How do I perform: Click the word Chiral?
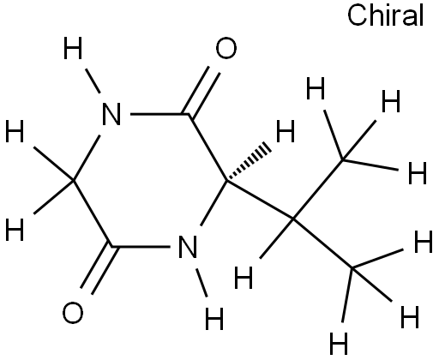click(x=385, y=15)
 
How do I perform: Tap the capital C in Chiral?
click(x=357, y=16)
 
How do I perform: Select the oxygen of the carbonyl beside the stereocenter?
click(x=226, y=48)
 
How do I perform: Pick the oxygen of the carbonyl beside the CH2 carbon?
click(x=73, y=313)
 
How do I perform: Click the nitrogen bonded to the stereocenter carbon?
click(x=187, y=247)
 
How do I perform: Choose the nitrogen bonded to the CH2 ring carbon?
click(x=111, y=114)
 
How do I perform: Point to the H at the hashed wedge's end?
click(x=286, y=131)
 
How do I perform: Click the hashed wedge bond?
click(x=248, y=164)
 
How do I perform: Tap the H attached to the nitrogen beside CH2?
click(x=73, y=48)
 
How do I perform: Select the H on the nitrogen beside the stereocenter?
click(x=214, y=319)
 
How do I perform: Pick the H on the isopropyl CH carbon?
click(x=244, y=277)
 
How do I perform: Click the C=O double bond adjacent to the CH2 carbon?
click(x=99, y=270)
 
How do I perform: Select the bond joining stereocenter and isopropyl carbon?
click(x=260, y=200)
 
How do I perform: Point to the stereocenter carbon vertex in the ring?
click(x=226, y=181)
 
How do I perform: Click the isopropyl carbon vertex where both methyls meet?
click(x=293, y=219)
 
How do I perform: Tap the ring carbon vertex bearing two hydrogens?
click(x=74, y=181)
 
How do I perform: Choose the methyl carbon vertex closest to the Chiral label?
click(x=343, y=160)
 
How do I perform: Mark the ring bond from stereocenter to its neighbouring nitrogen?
click(x=213, y=203)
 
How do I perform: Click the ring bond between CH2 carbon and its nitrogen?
click(x=87, y=158)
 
